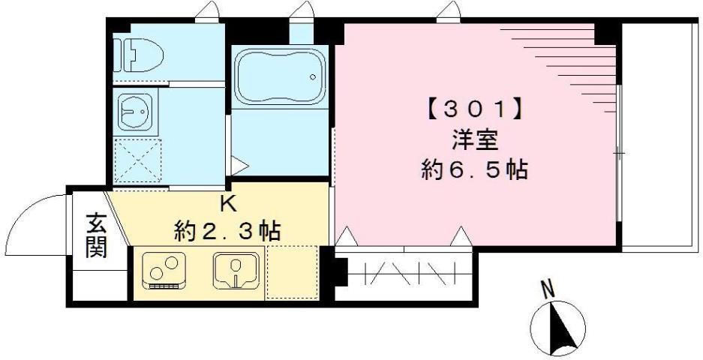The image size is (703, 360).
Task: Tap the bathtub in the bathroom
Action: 280,76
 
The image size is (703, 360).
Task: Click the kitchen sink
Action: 235,270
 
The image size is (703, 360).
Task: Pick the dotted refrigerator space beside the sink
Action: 292,271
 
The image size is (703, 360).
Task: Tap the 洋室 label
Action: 474,141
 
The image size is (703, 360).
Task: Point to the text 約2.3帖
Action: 227,230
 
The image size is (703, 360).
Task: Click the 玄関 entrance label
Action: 96,235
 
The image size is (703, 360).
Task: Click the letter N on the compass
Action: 548,288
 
